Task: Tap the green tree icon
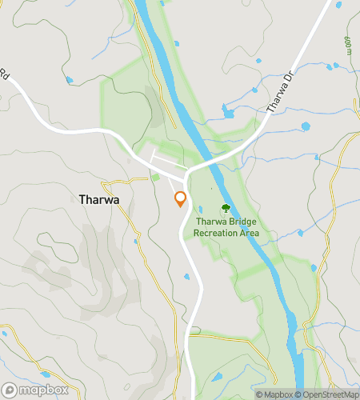225,208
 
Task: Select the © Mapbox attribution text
274,394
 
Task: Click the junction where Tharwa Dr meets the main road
187,170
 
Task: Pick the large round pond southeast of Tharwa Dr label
305,127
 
